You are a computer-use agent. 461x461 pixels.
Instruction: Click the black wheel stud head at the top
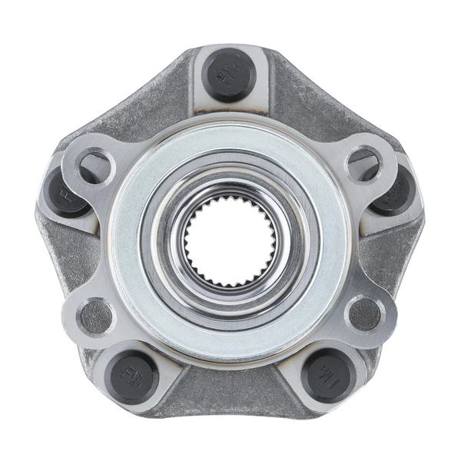[x=228, y=75]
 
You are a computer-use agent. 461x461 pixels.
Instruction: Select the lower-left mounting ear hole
[x=96, y=315]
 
